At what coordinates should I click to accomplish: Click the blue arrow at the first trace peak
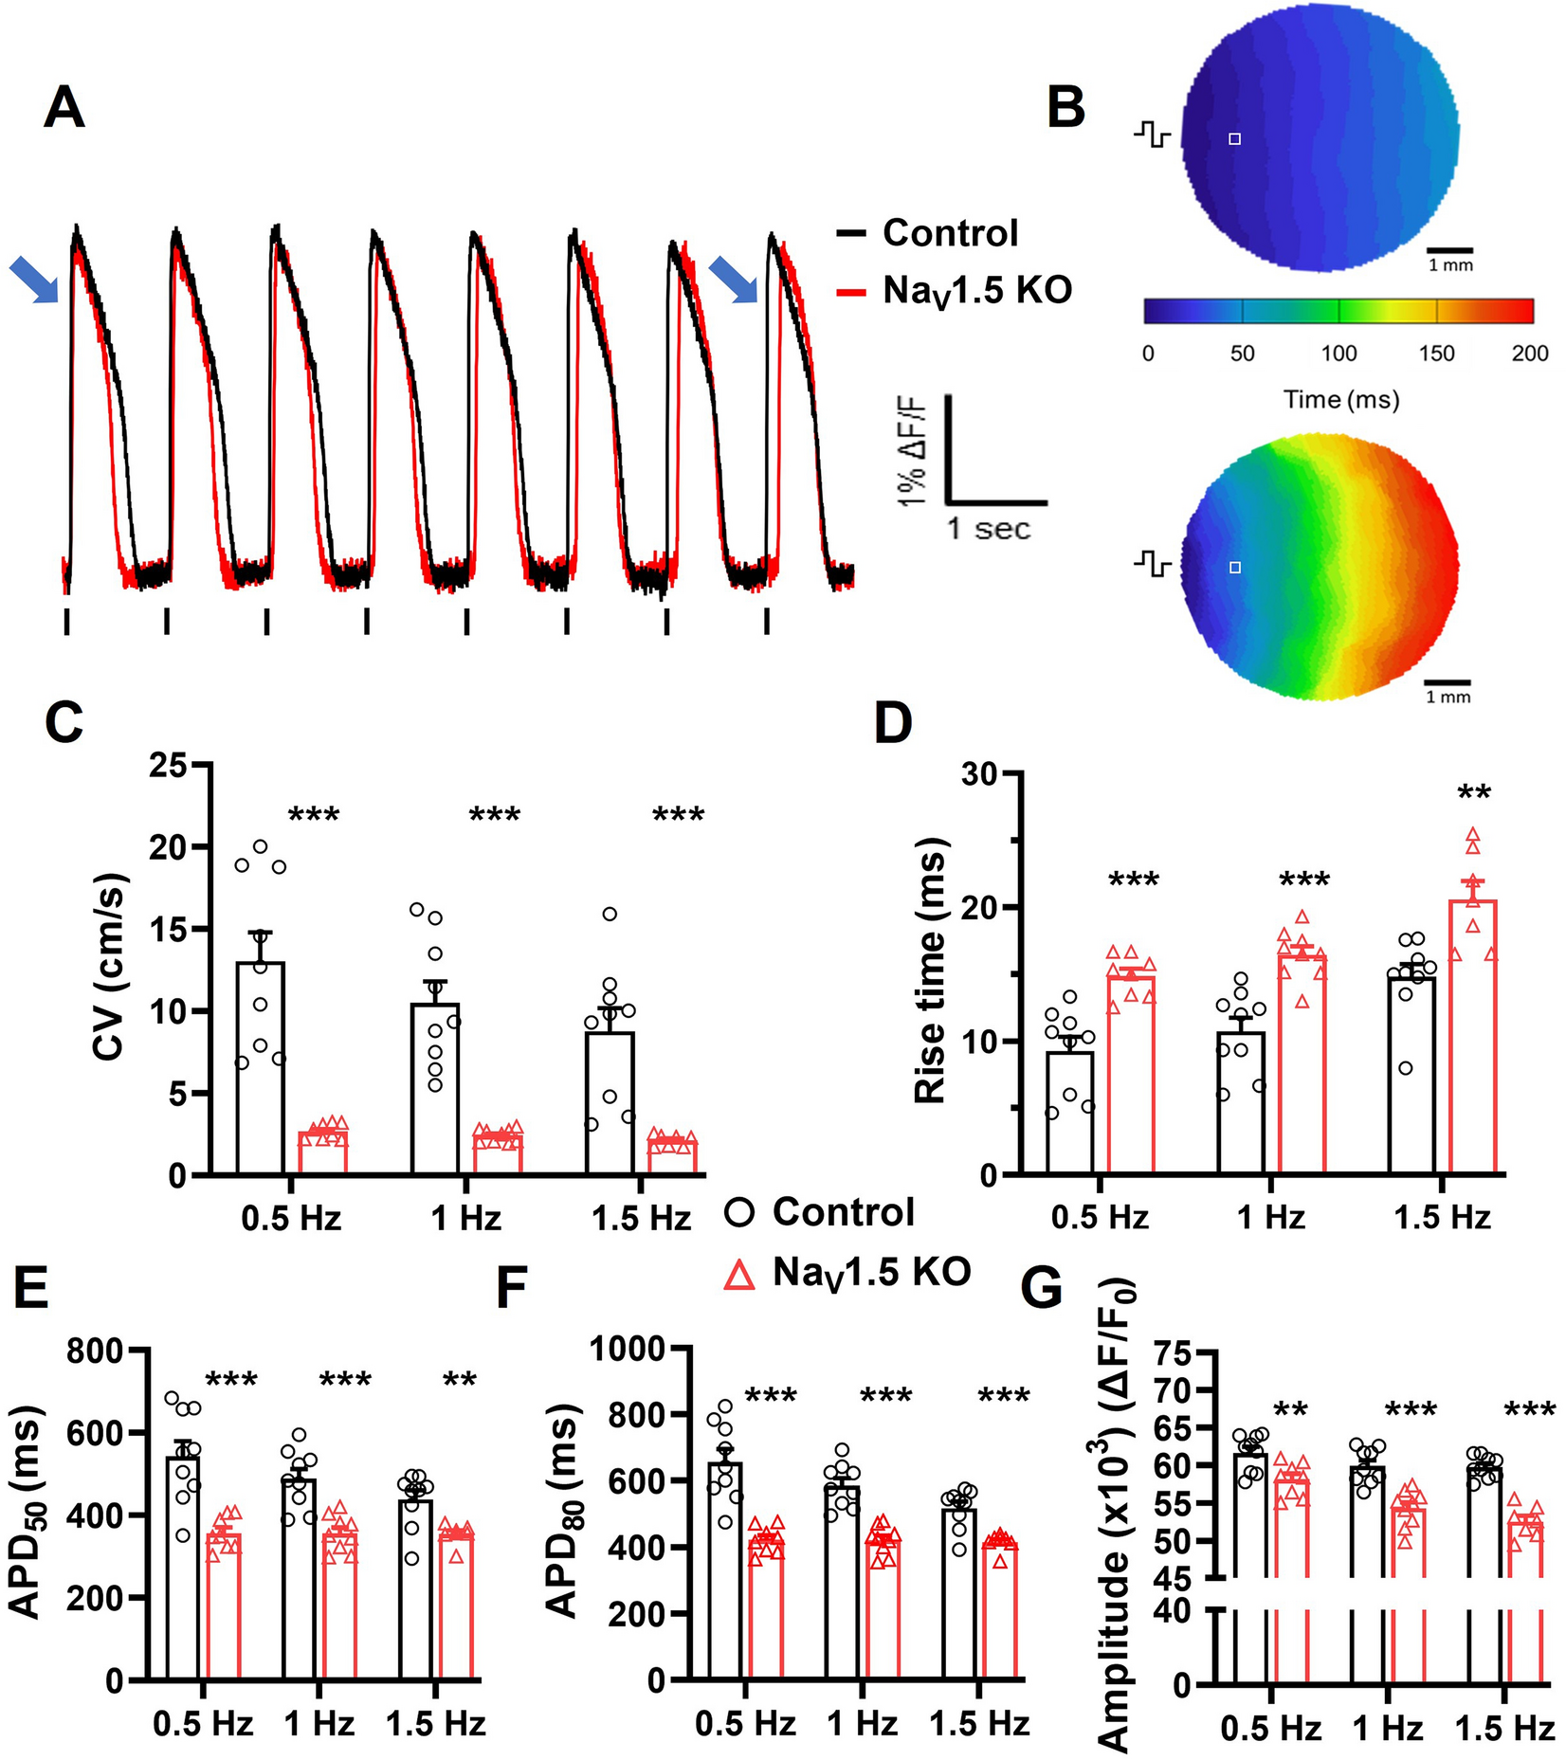click(33, 281)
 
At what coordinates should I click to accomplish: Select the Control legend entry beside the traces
click(949, 233)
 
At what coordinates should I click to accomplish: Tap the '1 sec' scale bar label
click(989, 528)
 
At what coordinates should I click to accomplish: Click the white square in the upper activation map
click(1234, 139)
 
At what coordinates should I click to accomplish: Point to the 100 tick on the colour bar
click(1338, 354)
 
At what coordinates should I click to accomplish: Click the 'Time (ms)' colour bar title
click(1341, 399)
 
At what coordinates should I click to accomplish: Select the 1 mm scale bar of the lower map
click(1448, 681)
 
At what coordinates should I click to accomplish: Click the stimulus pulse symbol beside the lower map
click(1152, 566)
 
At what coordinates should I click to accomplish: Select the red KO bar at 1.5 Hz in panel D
click(1472, 1038)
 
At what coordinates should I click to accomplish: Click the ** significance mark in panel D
click(1474, 792)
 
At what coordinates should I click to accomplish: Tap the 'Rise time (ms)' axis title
click(931, 971)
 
